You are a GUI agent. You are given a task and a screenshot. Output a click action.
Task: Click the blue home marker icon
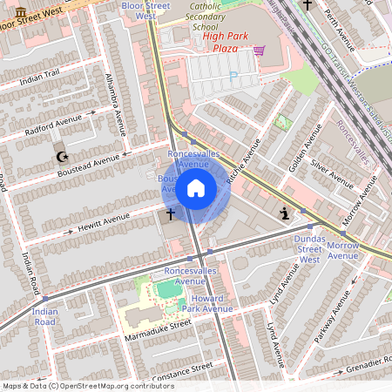196,187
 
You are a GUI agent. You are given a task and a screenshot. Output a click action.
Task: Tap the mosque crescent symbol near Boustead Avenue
61,157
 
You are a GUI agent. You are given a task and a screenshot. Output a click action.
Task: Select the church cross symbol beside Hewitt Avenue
170,212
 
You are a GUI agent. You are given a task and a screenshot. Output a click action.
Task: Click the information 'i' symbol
284,213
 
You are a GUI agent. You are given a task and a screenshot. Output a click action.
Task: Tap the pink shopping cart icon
259,51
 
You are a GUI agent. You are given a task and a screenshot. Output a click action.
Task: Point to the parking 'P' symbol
232,77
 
